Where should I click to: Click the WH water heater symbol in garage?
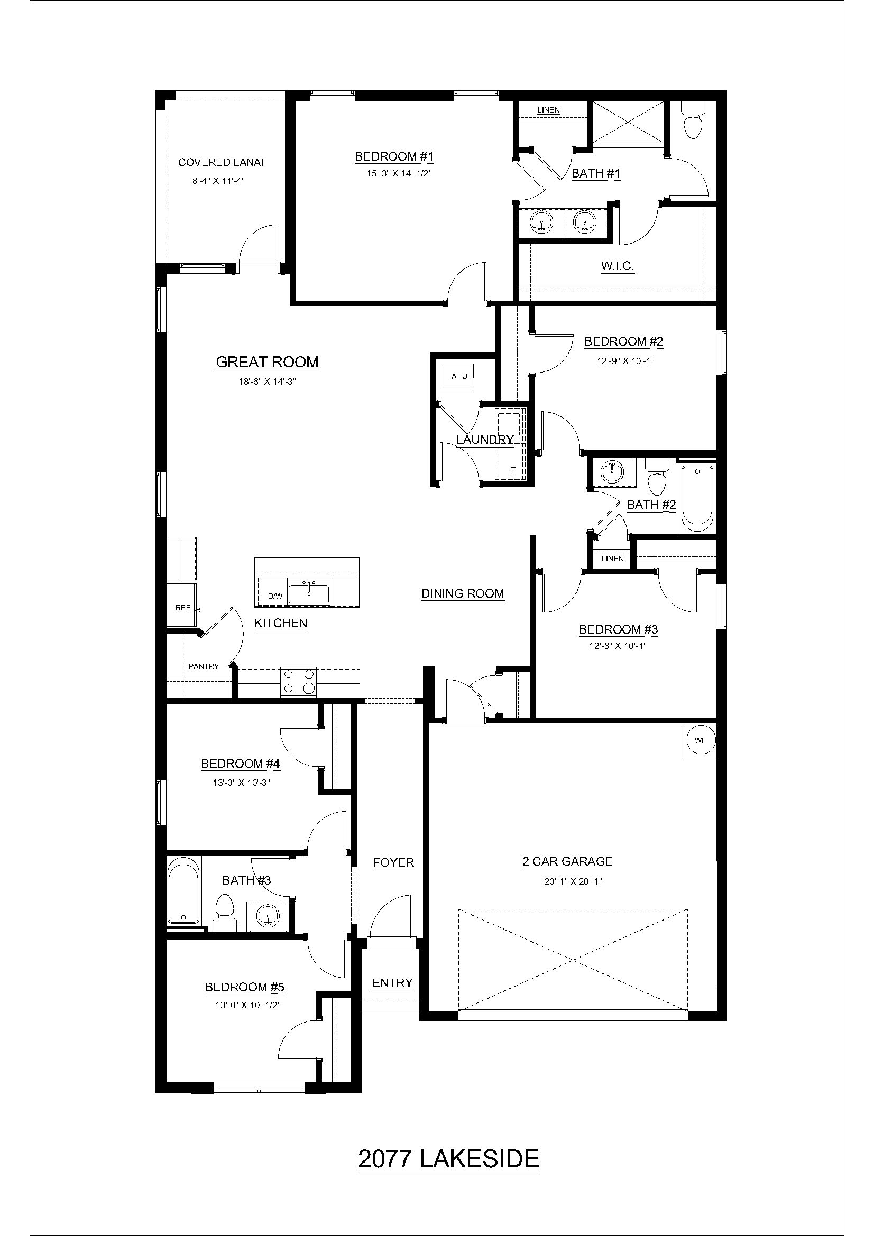(x=700, y=740)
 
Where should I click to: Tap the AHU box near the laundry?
(x=459, y=376)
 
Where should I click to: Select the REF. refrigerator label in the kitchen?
(x=183, y=608)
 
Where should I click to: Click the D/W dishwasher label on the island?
(x=274, y=596)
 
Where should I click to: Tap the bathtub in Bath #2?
(x=698, y=498)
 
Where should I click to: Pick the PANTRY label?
(x=204, y=666)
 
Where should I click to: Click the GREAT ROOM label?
(x=267, y=363)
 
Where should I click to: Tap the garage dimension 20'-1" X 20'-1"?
(x=567, y=882)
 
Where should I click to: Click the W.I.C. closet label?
(x=617, y=266)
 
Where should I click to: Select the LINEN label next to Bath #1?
(x=548, y=110)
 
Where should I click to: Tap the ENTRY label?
(x=392, y=983)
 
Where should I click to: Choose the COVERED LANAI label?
(x=221, y=163)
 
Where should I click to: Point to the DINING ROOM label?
(x=462, y=594)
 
